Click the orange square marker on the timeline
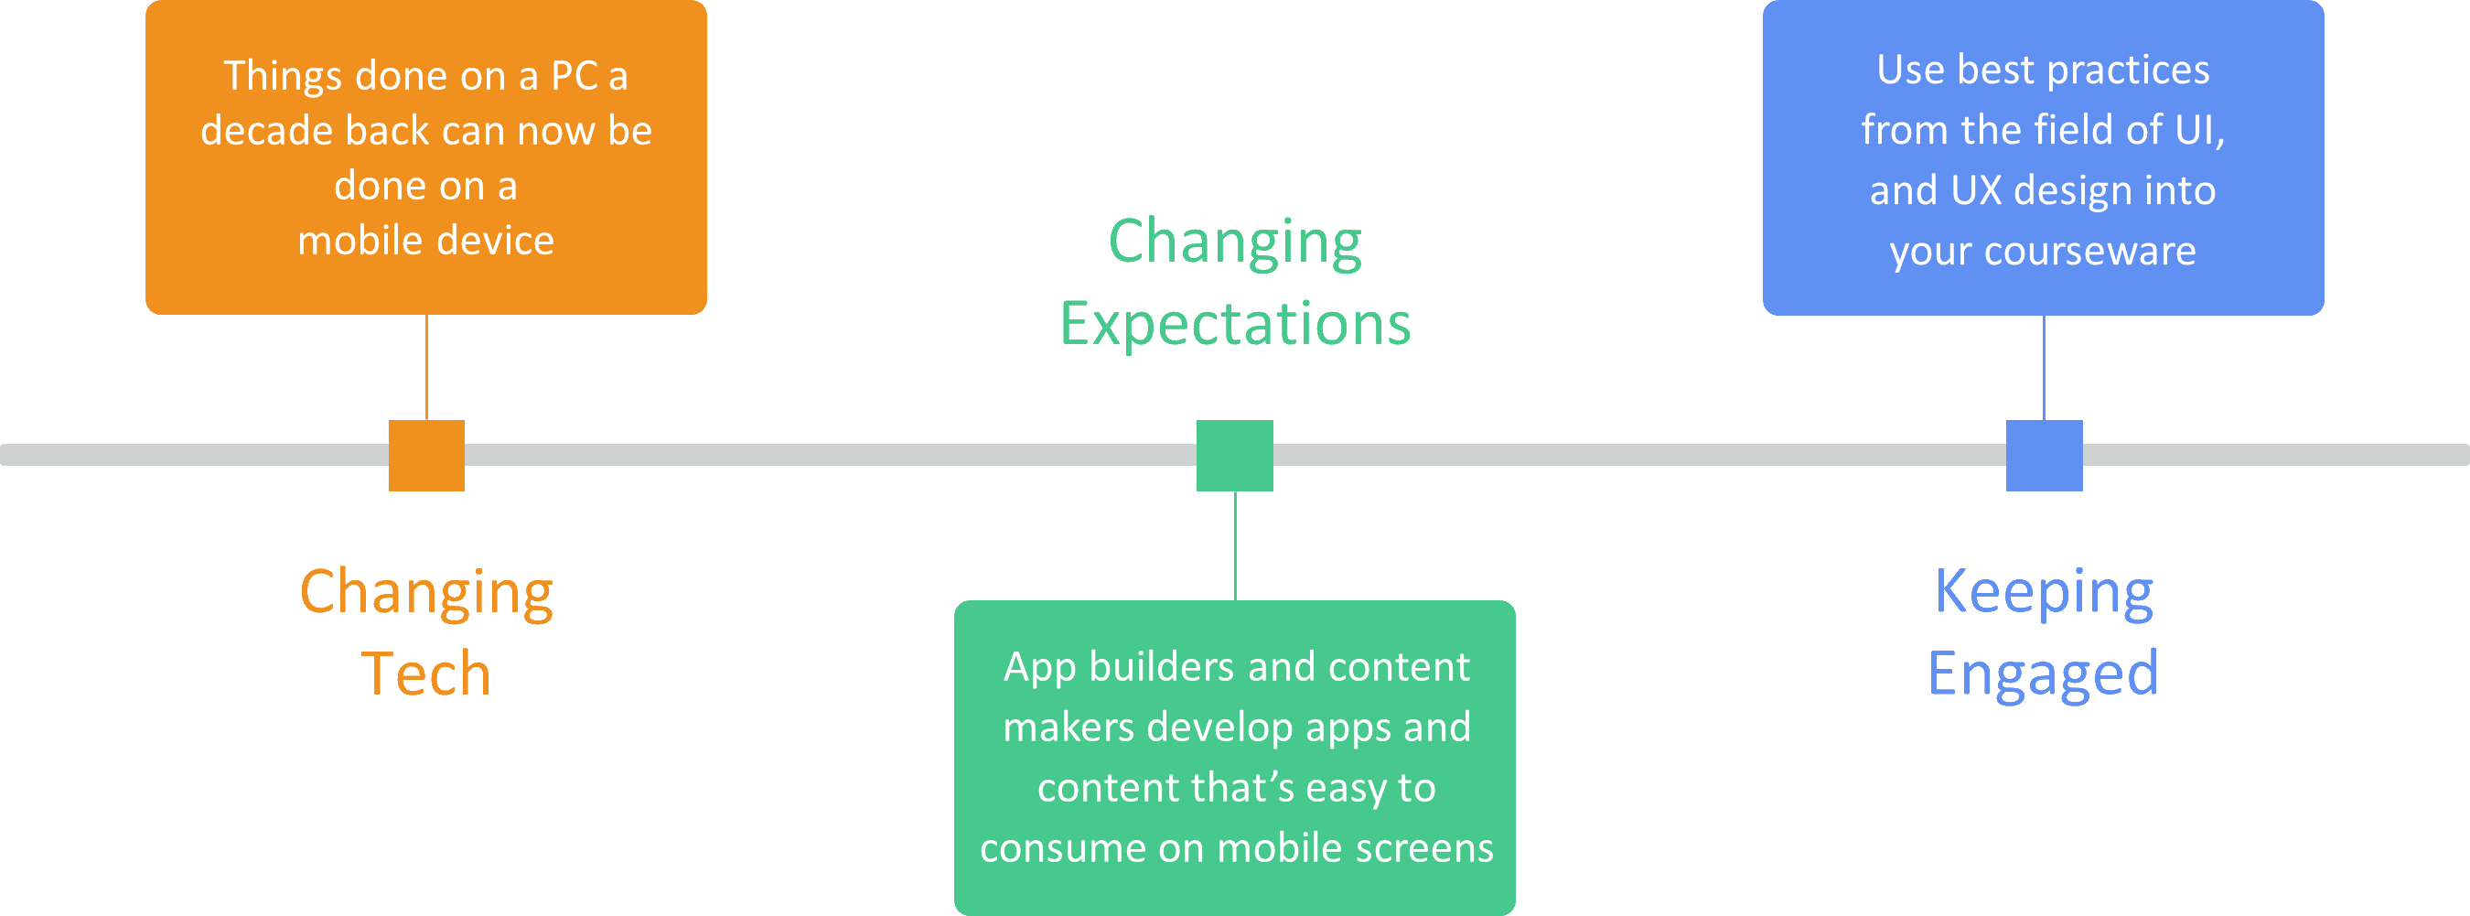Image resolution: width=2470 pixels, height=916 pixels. (x=426, y=456)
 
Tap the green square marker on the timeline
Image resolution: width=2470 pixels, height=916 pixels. (x=1235, y=456)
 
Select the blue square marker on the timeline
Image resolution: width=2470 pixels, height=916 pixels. (x=2045, y=456)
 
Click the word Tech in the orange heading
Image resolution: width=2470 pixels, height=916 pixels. (x=426, y=674)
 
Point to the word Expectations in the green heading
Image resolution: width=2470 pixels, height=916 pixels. (x=1235, y=324)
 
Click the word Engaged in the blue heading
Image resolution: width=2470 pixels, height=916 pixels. (x=2044, y=674)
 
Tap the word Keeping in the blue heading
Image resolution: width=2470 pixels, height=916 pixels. (x=2045, y=592)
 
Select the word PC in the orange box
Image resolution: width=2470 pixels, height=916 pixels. (x=575, y=76)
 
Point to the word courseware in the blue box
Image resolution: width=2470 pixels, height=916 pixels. (x=2090, y=252)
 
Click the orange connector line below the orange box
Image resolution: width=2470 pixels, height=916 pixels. (x=426, y=367)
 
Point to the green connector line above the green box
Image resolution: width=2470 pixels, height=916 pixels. (x=1235, y=544)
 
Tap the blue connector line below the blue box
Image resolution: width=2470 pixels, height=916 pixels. (x=2045, y=367)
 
